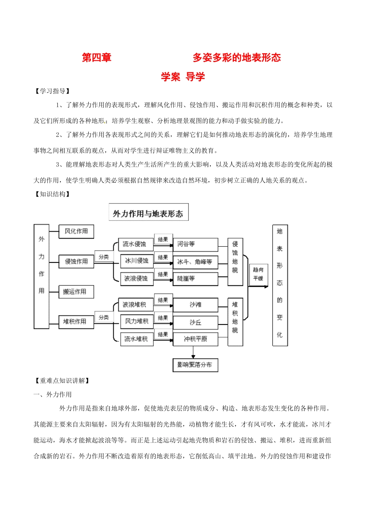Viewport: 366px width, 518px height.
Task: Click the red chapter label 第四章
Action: pos(96,58)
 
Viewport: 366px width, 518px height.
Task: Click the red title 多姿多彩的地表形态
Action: pos(237,58)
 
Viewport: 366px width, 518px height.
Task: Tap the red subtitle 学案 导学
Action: pos(183,77)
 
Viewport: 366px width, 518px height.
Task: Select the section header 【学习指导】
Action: pos(52,91)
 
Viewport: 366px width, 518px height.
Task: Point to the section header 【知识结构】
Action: pos(52,194)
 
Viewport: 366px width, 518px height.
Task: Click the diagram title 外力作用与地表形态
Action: pos(148,213)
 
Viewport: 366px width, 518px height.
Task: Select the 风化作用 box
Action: pos(76,231)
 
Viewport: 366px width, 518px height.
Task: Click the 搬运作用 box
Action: pos(76,292)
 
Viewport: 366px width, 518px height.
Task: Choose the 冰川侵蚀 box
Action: pos(137,261)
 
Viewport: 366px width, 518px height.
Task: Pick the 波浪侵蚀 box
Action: pos(137,278)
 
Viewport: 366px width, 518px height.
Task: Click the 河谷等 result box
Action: pos(195,244)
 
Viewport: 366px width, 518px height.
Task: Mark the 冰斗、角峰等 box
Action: pos(195,262)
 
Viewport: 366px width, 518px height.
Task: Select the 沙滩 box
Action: pos(195,304)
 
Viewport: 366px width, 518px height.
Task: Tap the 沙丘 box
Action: pos(195,322)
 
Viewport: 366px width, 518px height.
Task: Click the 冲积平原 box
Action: pos(195,339)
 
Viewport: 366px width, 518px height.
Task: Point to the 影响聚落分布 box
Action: pos(195,365)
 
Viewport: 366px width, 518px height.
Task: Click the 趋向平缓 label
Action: pos(258,274)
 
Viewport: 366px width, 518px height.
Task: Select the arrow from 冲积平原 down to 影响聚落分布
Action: pos(193,352)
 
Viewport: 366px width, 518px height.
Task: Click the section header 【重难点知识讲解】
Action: pos(62,380)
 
